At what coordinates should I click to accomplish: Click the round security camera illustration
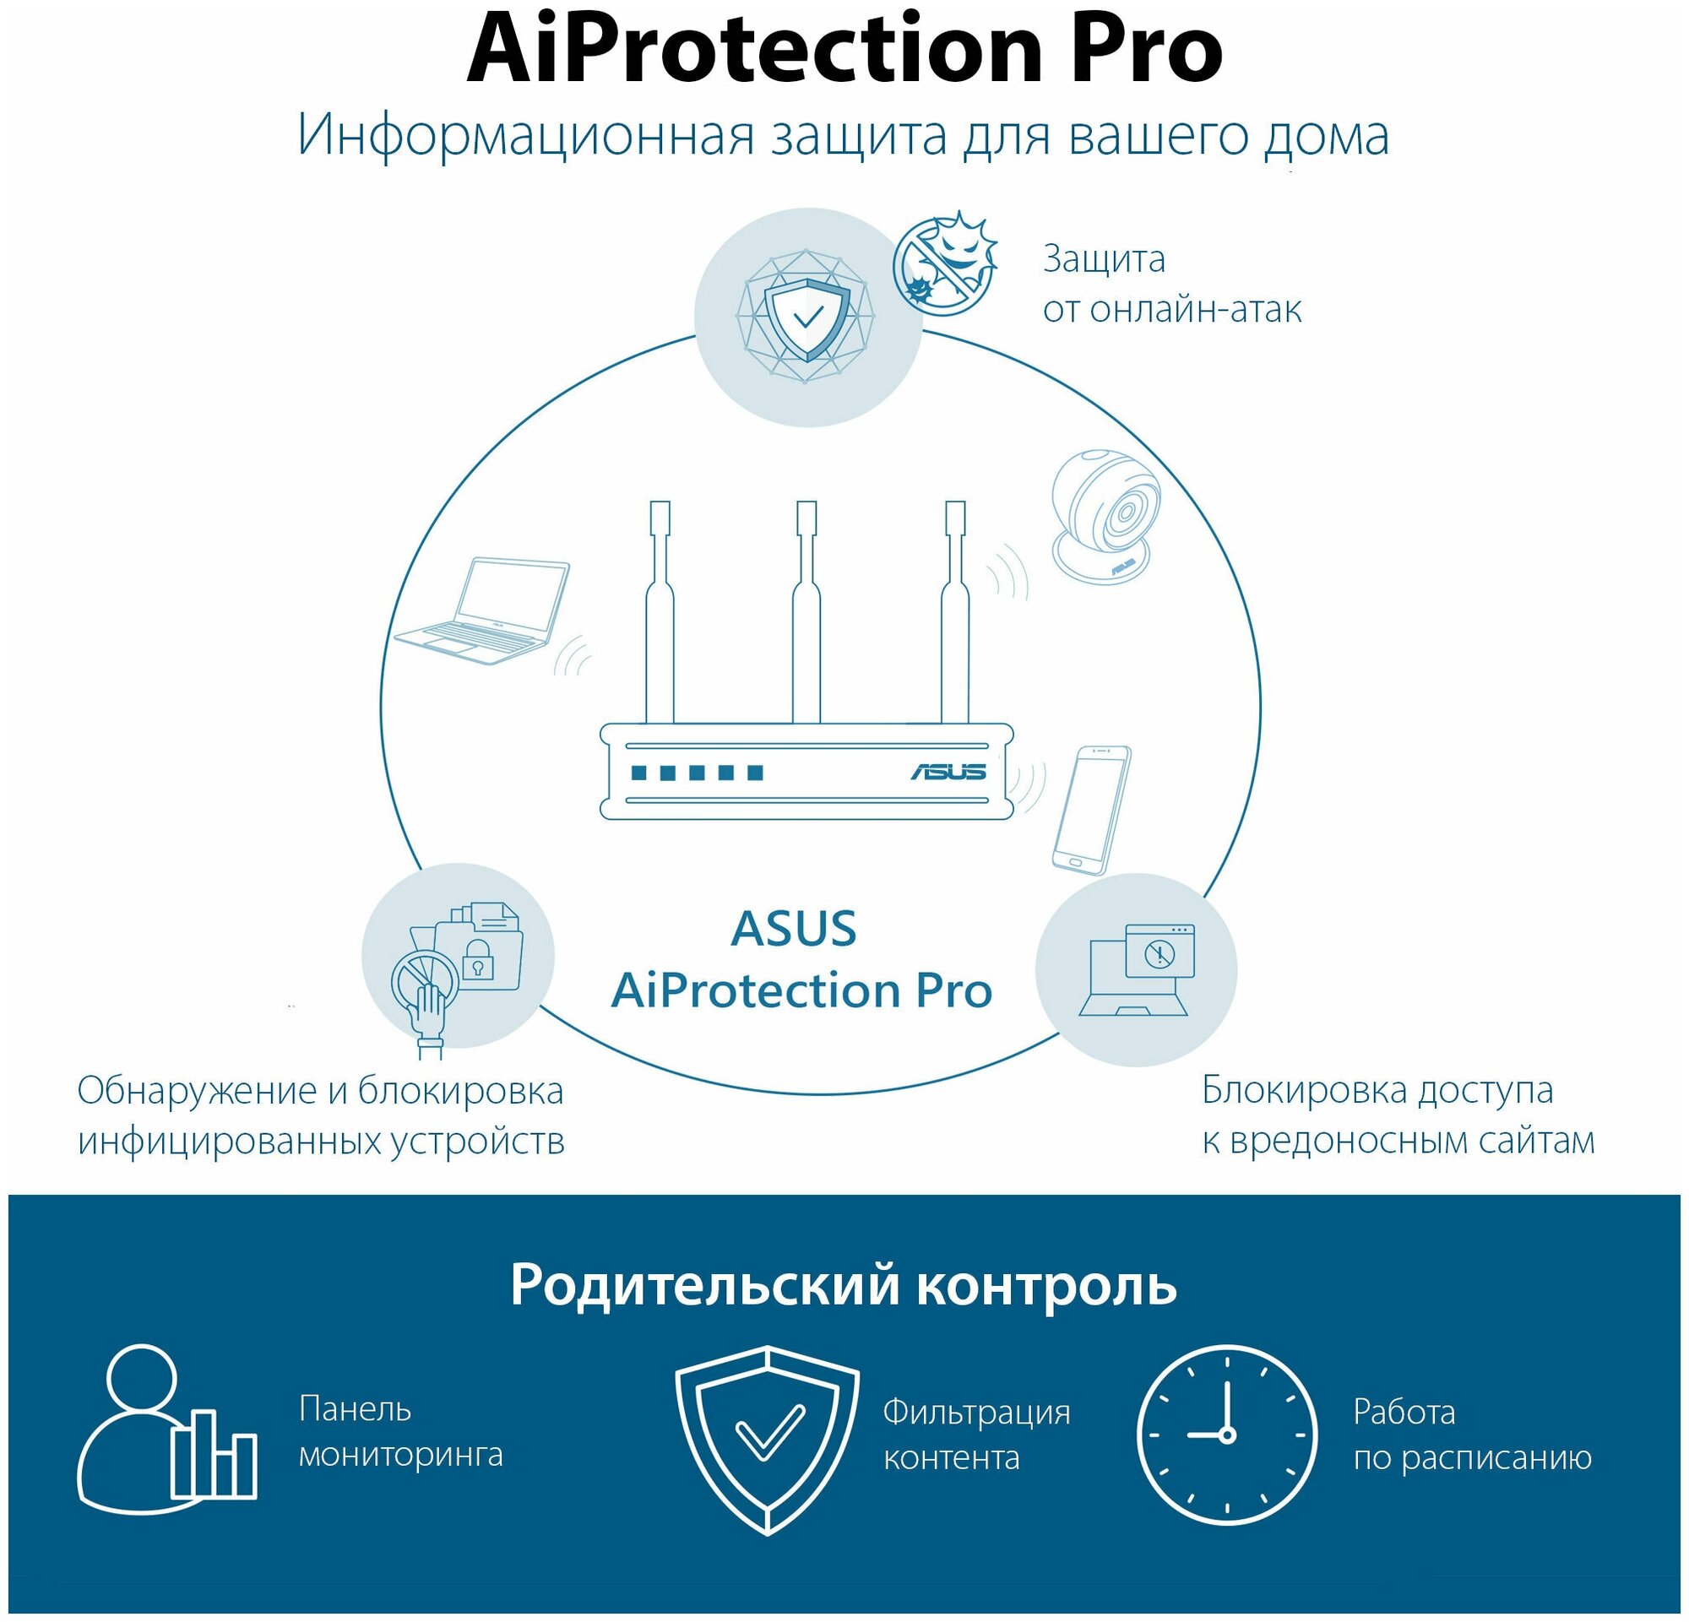1105,513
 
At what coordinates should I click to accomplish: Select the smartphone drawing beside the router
1091,810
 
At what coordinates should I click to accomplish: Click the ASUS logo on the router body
948,771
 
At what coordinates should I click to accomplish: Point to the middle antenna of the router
806,611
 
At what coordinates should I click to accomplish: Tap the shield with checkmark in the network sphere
807,317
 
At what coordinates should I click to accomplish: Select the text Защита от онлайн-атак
1171,284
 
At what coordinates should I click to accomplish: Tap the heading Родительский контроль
843,1285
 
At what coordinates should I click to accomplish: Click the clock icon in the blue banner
1226,1435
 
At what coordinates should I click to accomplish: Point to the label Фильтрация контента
976,1435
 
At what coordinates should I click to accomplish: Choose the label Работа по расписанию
1471,1435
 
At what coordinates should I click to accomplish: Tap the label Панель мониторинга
399,1432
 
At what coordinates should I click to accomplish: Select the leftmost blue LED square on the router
639,772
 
